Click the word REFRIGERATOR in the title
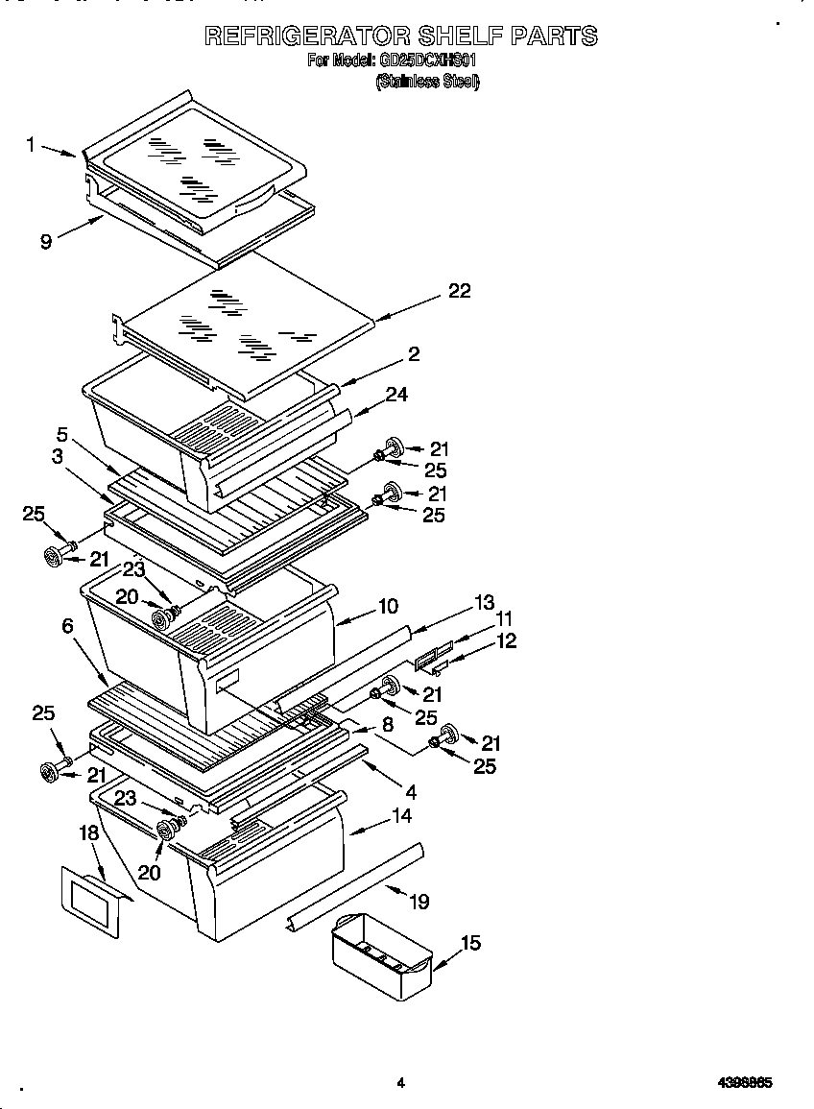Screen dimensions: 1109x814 coord(306,36)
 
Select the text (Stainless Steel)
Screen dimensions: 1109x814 coord(426,82)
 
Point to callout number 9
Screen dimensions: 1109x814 coord(46,242)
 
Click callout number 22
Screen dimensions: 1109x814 coord(460,291)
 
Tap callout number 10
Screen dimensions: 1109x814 coord(388,606)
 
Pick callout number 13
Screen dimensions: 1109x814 coord(485,602)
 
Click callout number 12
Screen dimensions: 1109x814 coord(506,640)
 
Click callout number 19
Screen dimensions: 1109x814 coord(419,901)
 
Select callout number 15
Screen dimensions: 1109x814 coord(469,944)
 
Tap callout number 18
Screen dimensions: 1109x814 coord(89,833)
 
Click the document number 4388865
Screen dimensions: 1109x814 coord(746,1082)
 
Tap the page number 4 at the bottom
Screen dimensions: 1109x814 coord(401,1082)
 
